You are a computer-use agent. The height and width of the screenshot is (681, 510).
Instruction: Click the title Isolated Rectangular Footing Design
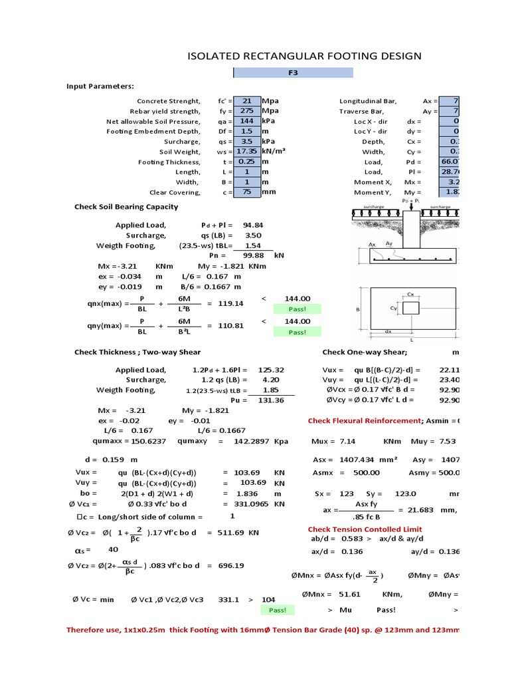pyautogui.click(x=305, y=56)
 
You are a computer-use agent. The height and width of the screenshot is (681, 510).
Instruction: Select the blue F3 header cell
pyautogui.click(x=293, y=73)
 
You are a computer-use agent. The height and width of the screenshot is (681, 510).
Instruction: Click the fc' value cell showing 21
pyautogui.click(x=246, y=101)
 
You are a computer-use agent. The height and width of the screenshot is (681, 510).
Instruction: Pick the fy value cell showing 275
pyautogui.click(x=246, y=111)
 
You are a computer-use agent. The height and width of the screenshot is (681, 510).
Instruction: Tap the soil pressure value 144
pyautogui.click(x=246, y=122)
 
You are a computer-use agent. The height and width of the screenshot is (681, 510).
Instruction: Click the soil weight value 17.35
pyautogui.click(x=246, y=152)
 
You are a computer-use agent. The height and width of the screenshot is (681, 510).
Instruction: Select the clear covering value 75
pyautogui.click(x=246, y=192)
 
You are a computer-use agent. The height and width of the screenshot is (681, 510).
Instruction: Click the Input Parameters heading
pyautogui.click(x=100, y=86)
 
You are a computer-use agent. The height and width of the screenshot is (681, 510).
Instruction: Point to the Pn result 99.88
pyautogui.click(x=253, y=255)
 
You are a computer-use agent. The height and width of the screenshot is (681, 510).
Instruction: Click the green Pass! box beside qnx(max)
pyautogui.click(x=297, y=309)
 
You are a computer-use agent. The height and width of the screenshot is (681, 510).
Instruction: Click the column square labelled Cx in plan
pyautogui.click(x=412, y=307)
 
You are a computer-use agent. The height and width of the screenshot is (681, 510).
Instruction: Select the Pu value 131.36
pyautogui.click(x=271, y=400)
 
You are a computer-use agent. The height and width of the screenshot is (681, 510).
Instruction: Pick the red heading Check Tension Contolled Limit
pyautogui.click(x=365, y=529)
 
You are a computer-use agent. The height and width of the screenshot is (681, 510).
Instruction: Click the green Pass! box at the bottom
pyautogui.click(x=277, y=610)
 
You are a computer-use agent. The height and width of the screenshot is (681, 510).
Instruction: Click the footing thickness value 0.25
pyautogui.click(x=246, y=162)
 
